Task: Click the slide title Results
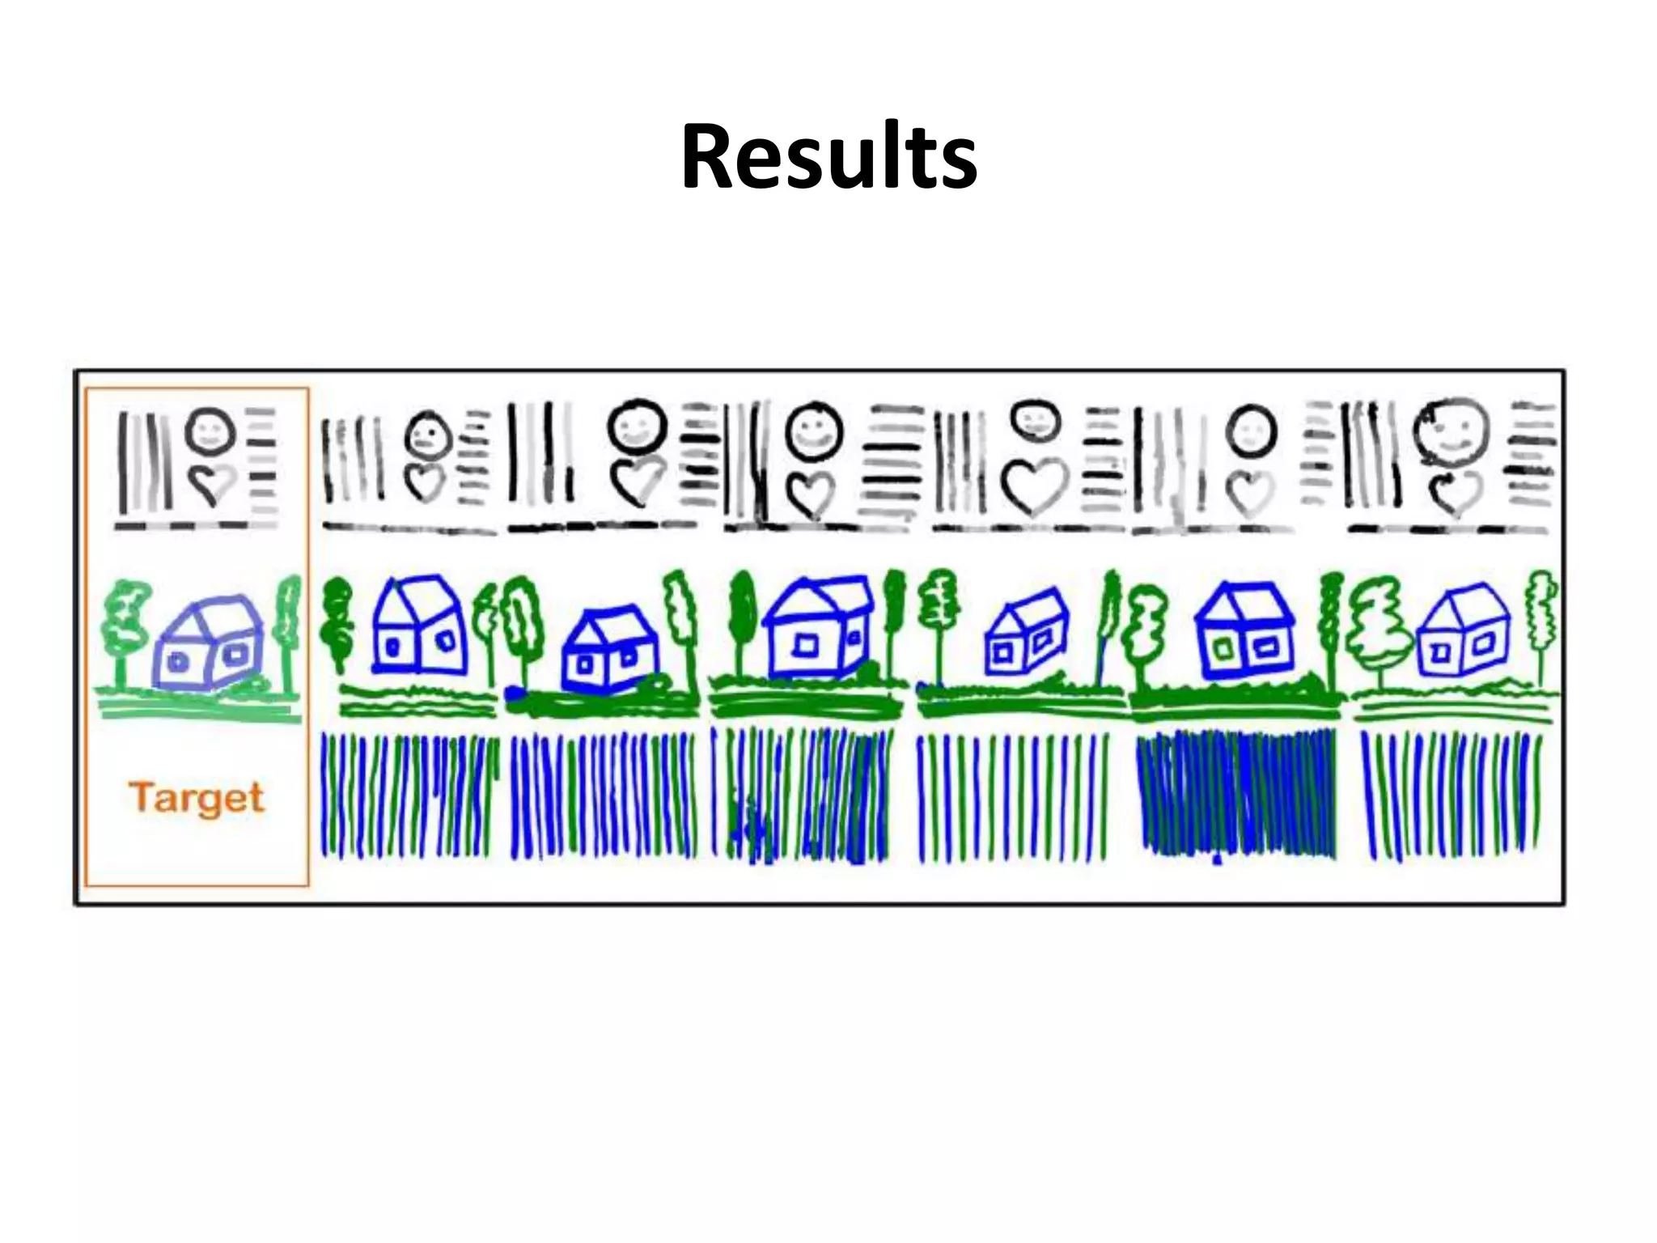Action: point(828,157)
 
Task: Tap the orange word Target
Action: point(197,798)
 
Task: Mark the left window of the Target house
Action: point(177,662)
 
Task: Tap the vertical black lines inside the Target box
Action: point(144,461)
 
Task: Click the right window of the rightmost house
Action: point(1483,645)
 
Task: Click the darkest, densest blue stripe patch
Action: point(1235,794)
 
